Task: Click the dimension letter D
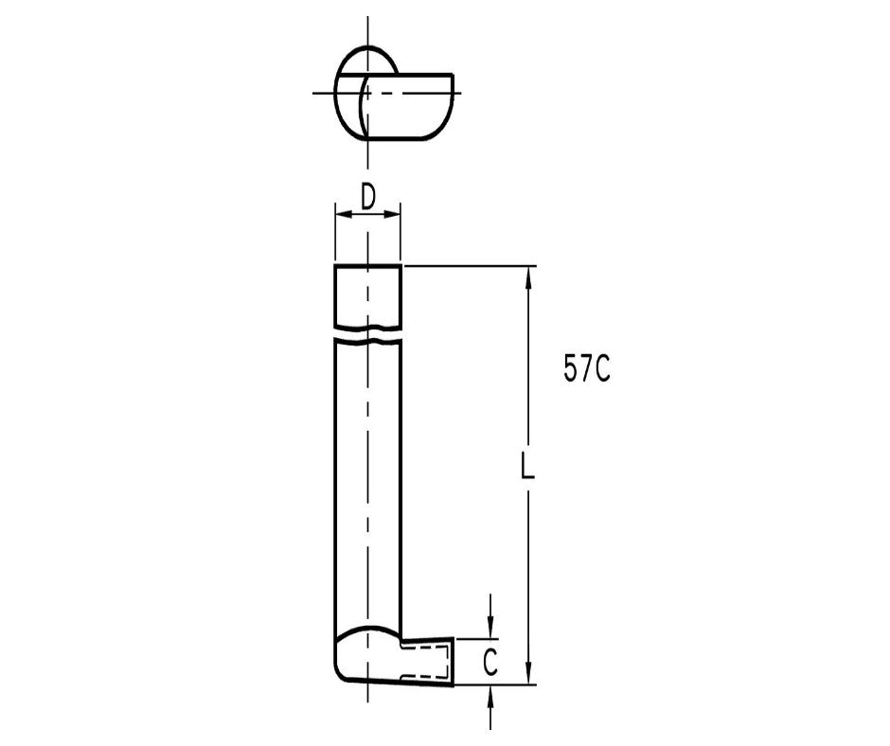pos(368,196)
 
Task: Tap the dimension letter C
pos(489,664)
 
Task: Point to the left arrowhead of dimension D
pos(340,216)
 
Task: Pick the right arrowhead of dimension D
pos(395,216)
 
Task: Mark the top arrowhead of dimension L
pos(530,275)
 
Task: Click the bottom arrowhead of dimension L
pos(530,675)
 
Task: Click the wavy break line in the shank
pos(367,334)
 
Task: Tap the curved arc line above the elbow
pos(367,629)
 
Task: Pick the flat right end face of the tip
pos(454,661)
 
